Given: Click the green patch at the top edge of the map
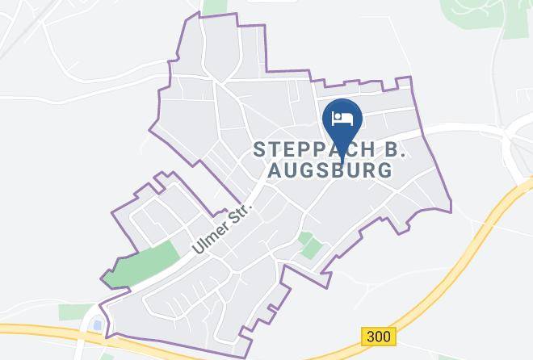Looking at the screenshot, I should coord(214,6).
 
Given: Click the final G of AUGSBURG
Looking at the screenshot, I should coord(384,170).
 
